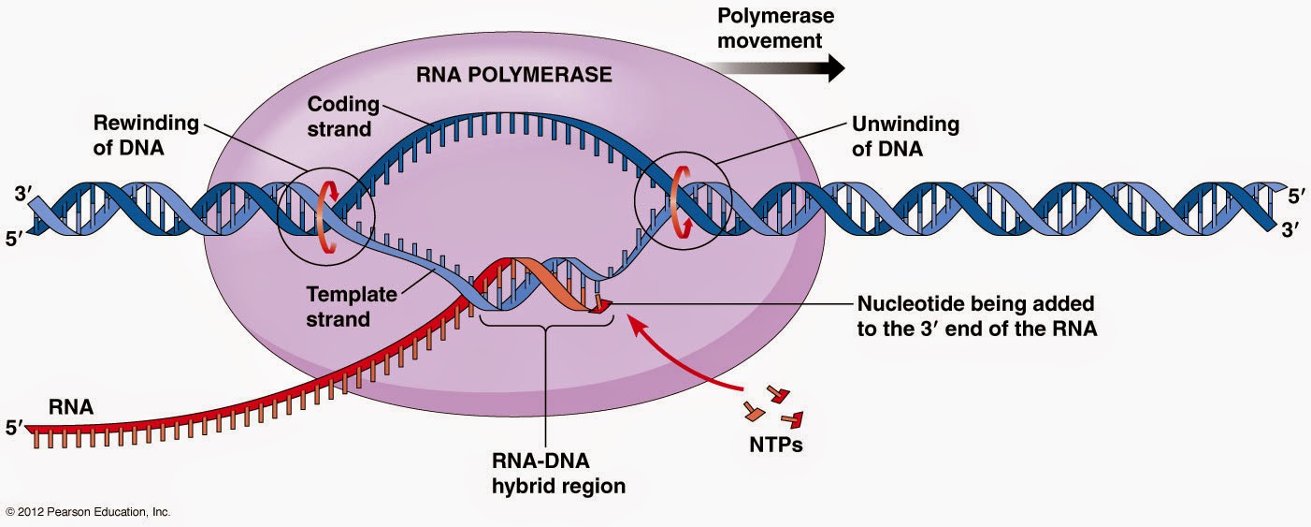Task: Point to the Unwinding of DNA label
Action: (x=904, y=136)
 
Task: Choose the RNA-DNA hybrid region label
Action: (x=545, y=474)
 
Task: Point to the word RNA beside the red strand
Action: (x=69, y=408)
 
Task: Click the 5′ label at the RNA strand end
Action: (x=13, y=429)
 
